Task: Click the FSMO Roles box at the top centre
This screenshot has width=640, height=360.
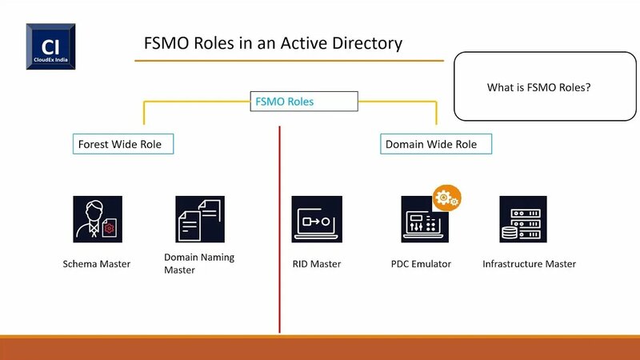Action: [x=303, y=102]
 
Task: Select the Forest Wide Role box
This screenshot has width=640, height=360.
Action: [x=122, y=144]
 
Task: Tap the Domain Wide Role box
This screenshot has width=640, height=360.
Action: [x=435, y=144]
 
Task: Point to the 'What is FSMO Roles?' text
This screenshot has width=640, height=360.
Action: [x=538, y=86]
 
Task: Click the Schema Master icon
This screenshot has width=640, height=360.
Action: [x=98, y=219]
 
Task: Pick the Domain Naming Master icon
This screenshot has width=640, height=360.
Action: [x=200, y=219]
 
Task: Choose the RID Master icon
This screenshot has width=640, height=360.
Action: [x=317, y=219]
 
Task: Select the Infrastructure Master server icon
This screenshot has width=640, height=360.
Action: [x=523, y=219]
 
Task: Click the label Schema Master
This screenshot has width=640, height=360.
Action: [x=97, y=264]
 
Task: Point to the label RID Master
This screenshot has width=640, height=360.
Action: [x=317, y=264]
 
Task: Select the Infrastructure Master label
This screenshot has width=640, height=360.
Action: [x=529, y=264]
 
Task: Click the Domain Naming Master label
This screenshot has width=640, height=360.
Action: [x=198, y=264]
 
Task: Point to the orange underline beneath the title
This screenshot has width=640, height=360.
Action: [x=288, y=60]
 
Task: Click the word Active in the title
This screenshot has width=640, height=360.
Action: [x=302, y=42]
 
